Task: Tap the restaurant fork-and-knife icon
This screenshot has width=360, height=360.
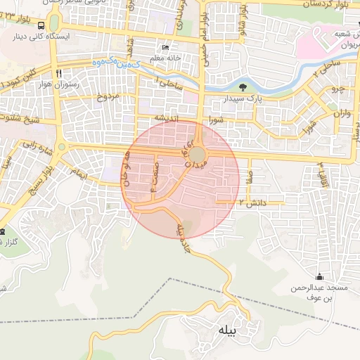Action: point(60,72)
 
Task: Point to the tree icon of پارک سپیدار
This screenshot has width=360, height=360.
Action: point(243,88)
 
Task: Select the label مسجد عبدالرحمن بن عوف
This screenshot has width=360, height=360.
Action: point(319,293)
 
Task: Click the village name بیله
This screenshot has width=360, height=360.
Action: point(229,330)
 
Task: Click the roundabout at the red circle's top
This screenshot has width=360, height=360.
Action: point(199,154)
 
